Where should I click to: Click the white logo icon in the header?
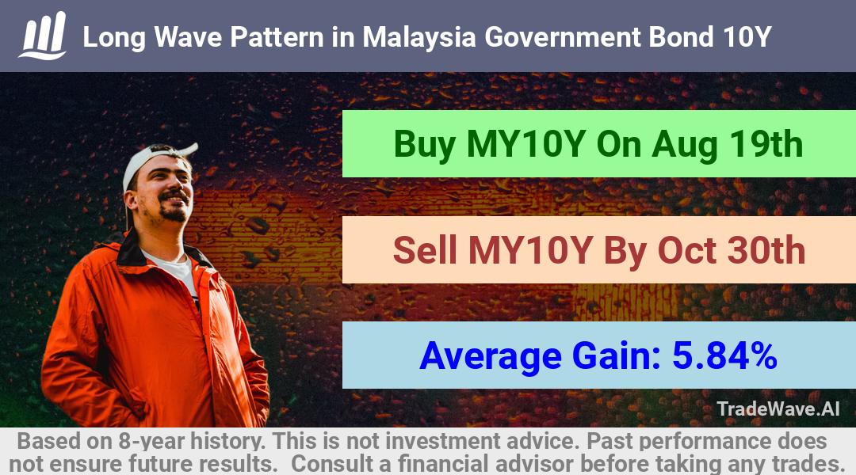click(43, 36)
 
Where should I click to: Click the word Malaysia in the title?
click(419, 37)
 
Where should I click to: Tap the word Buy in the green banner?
click(425, 145)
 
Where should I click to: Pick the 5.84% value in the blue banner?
click(724, 355)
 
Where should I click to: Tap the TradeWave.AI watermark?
click(778, 408)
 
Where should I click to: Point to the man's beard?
click(174, 213)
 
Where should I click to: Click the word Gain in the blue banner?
click(617, 355)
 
